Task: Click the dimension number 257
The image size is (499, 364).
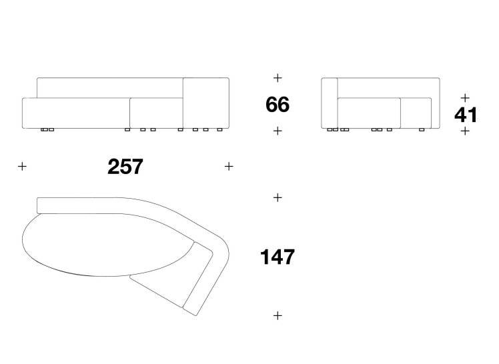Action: (125, 167)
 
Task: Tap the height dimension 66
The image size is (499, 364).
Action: (278, 104)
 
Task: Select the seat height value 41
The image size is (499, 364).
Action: (466, 115)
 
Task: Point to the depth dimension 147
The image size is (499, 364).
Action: (278, 257)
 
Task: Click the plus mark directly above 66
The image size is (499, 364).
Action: (278, 78)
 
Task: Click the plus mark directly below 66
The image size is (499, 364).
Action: (278, 131)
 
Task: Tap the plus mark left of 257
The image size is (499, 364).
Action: (22, 166)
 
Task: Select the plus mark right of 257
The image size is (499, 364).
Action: (229, 166)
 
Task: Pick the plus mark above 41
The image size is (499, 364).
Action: (465, 98)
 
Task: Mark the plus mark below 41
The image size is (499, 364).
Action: (465, 131)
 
